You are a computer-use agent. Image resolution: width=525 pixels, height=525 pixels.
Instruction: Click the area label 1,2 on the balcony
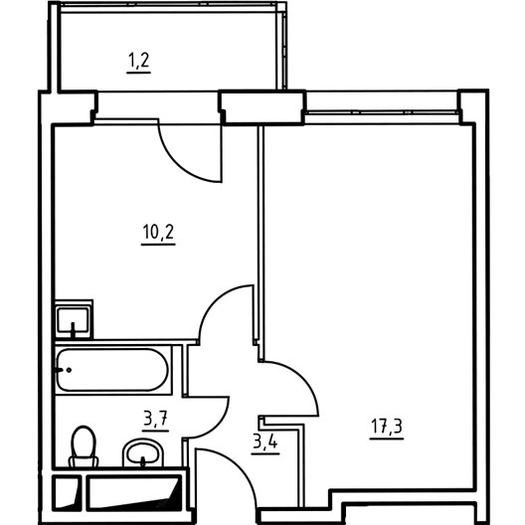click(138, 61)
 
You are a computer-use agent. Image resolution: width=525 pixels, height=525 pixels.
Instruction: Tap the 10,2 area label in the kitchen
click(158, 232)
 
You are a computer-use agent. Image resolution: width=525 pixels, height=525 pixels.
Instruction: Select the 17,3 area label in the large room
click(387, 427)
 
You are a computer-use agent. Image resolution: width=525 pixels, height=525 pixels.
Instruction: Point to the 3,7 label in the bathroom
click(156, 419)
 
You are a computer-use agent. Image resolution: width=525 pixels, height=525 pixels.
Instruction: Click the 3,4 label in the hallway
click(265, 442)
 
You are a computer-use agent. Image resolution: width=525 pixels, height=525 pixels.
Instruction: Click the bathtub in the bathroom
click(112, 370)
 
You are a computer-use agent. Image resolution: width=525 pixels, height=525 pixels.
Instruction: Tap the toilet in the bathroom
click(84, 446)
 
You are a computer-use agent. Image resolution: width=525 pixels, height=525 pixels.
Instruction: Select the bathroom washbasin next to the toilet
click(143, 452)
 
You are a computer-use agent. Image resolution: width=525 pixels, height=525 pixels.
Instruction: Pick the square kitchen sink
click(73, 320)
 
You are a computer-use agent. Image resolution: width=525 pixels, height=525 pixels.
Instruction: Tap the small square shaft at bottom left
click(67, 492)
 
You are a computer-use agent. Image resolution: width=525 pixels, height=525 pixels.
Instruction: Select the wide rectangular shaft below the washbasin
click(134, 492)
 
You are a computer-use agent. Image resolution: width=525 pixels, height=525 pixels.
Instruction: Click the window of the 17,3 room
click(382, 112)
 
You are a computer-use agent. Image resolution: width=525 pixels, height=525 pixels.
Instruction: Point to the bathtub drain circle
click(69, 370)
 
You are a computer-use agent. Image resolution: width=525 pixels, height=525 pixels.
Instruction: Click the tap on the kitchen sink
click(73, 329)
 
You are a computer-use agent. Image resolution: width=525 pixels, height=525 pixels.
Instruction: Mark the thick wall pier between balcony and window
click(262, 107)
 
